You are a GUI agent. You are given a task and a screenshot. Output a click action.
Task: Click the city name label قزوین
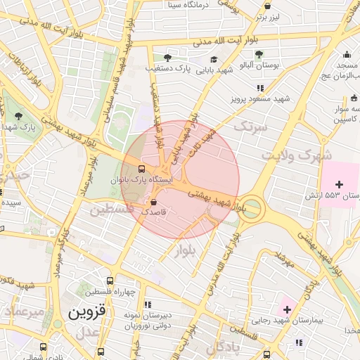86,312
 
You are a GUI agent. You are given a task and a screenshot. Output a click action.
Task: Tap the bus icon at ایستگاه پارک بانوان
142,169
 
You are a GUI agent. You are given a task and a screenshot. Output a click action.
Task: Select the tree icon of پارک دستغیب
167,58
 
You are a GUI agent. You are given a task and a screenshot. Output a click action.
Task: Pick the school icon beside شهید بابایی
213,59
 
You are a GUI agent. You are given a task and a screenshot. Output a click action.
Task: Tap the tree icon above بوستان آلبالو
259,54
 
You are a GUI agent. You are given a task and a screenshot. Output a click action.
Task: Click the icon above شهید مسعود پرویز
260,88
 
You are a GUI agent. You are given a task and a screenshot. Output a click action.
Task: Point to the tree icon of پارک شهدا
18,116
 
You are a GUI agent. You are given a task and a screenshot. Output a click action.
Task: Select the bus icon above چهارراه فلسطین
110,281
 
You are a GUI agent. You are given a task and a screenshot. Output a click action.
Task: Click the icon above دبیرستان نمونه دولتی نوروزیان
148,304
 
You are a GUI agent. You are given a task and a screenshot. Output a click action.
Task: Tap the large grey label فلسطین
109,210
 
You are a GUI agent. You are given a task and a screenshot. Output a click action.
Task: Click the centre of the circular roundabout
252,208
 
